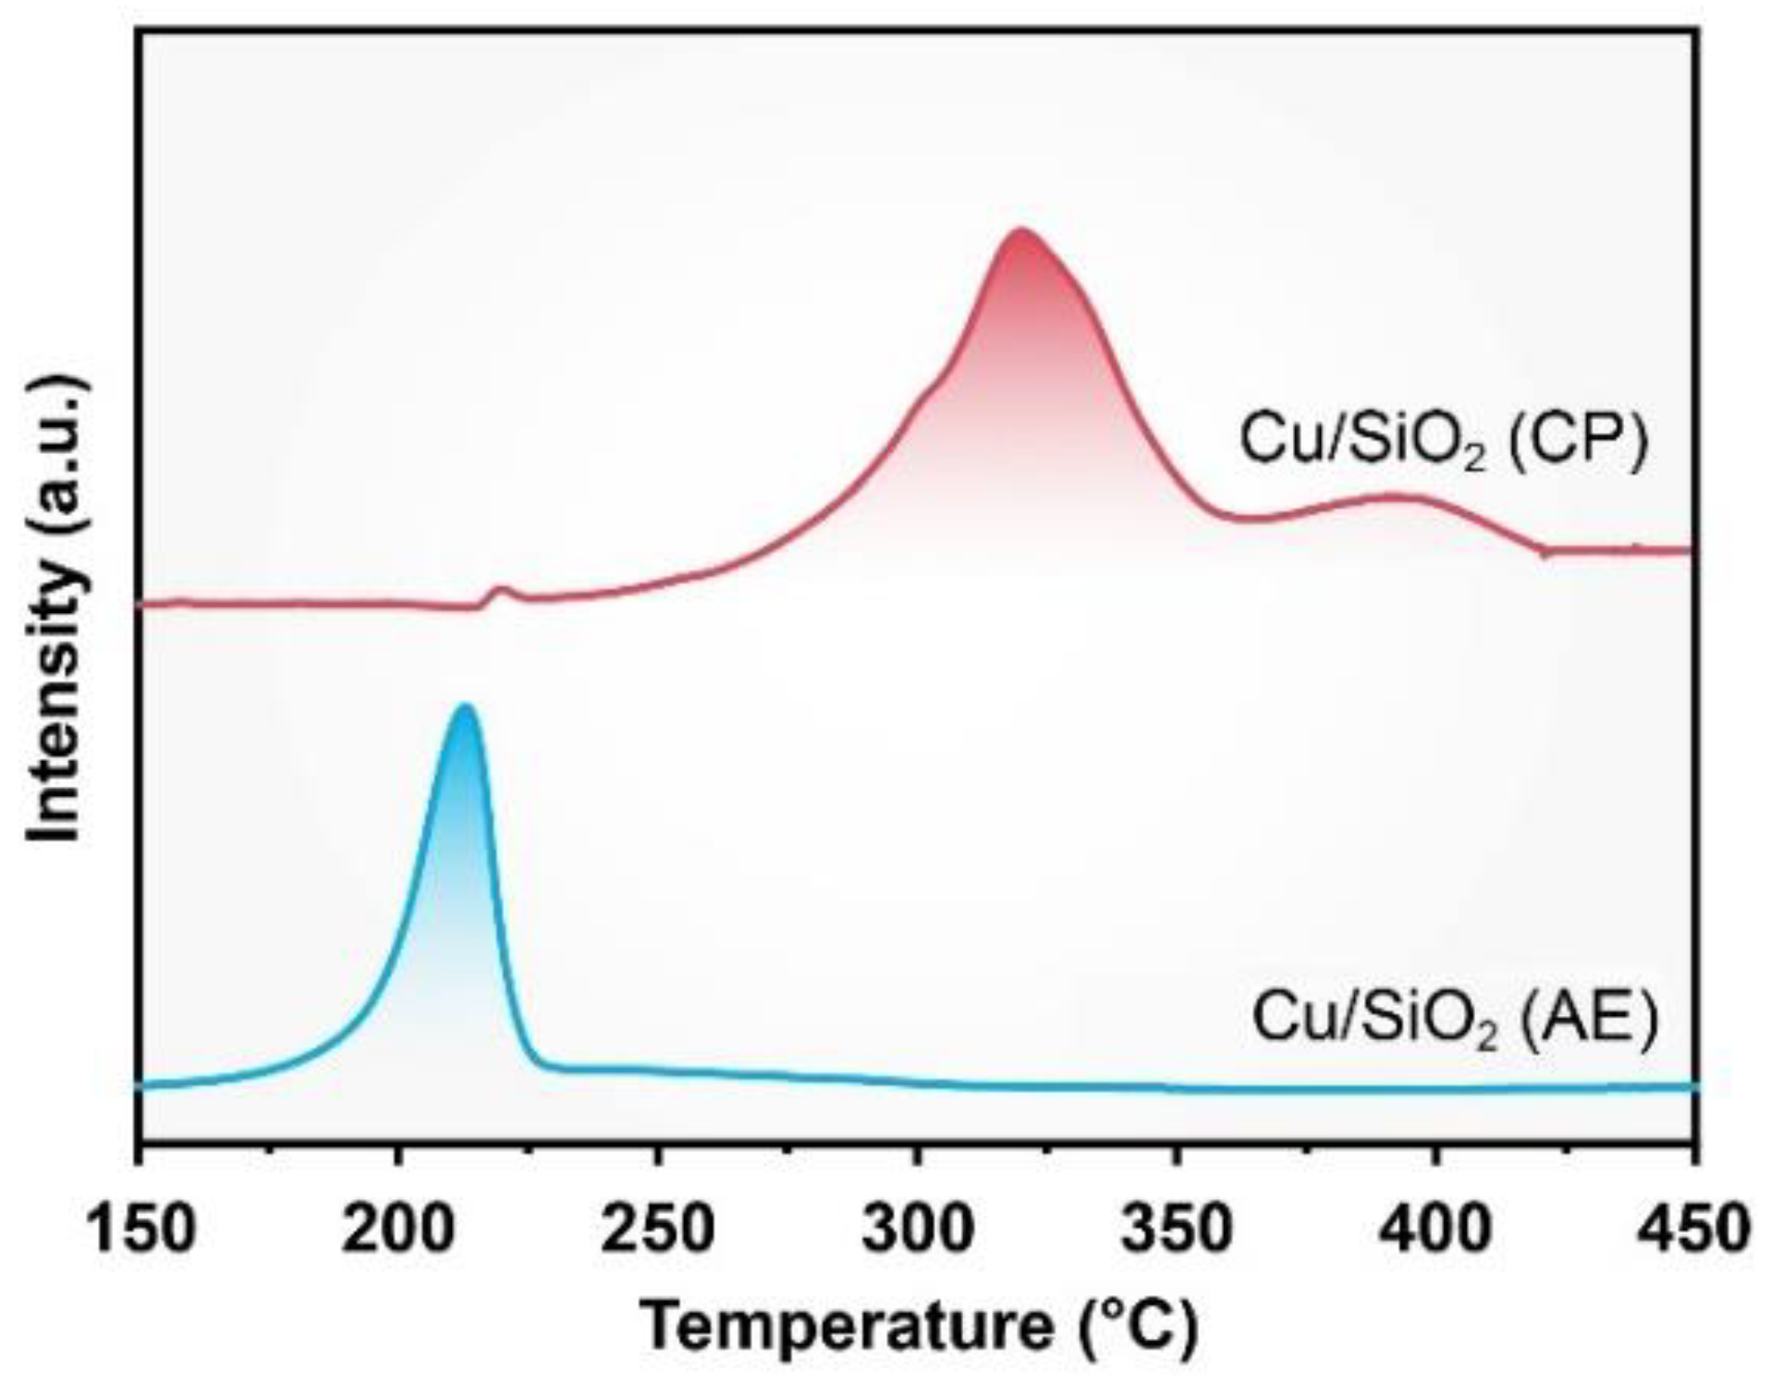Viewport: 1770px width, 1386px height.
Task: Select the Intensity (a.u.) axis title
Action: (x=57, y=610)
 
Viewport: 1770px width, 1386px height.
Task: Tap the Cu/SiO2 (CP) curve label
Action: (x=1443, y=440)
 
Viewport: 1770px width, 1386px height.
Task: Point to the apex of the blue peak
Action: (x=466, y=706)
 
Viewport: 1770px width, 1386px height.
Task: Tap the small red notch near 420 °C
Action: (x=1544, y=553)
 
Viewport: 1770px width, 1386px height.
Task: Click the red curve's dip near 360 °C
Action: (x=1244, y=518)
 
